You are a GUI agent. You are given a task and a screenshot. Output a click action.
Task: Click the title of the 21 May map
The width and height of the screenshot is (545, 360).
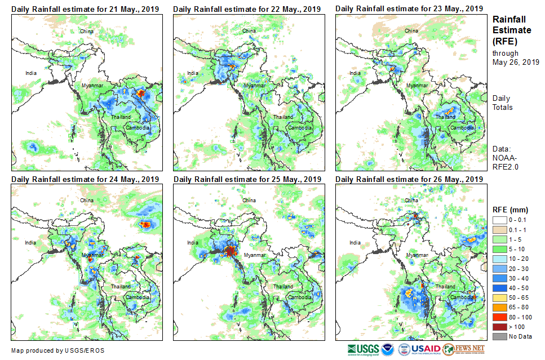tap(85, 9)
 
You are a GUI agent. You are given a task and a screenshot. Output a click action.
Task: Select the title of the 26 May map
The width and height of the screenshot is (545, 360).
tap(409, 179)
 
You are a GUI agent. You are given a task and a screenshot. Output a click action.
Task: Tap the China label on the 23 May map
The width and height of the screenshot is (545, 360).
tap(411, 30)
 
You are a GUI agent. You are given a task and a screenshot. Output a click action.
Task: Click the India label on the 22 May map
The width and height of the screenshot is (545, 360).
tap(193, 73)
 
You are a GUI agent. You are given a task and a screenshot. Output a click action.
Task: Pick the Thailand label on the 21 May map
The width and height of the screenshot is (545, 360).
tap(121, 117)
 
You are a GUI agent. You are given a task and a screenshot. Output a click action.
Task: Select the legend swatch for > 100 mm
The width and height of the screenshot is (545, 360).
tap(499, 327)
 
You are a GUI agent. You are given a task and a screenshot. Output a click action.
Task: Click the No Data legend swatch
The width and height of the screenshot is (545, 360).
tap(499, 336)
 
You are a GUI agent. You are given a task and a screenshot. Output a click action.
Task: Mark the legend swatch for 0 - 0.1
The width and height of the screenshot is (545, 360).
tap(499, 220)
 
